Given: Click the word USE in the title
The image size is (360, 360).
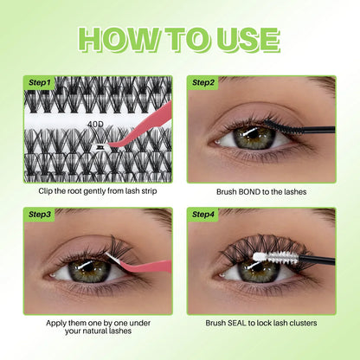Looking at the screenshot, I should pyautogui.click(x=243, y=39).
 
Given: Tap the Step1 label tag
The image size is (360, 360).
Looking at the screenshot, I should pyautogui.click(x=40, y=83).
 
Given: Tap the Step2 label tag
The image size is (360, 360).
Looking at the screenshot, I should pyautogui.click(x=204, y=83).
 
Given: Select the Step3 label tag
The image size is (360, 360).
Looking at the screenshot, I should pyautogui.click(x=40, y=214).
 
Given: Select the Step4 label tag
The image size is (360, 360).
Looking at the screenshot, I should pyautogui.click(x=204, y=214).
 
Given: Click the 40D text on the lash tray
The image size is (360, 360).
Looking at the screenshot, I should pyautogui.click(x=95, y=124).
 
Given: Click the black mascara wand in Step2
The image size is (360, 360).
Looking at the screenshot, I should pyautogui.click(x=294, y=131).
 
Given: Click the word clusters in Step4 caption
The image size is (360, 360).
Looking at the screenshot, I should pyautogui.click(x=299, y=323).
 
